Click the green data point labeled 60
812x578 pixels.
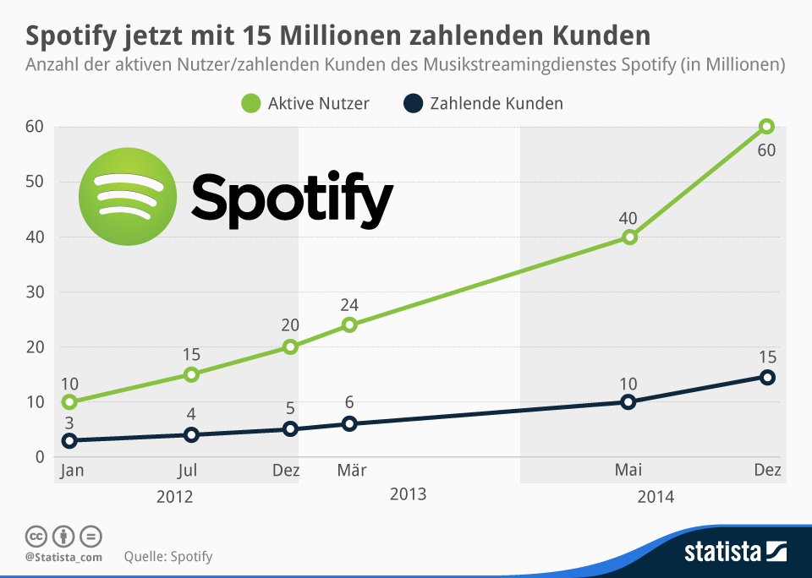pos(766,127)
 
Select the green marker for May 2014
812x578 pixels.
pos(628,237)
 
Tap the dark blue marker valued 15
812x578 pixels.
pos(766,377)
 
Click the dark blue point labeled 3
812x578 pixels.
pos(69,440)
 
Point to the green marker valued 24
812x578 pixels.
pos(349,324)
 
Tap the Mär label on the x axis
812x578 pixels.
pos(351,471)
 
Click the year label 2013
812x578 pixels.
pos(408,494)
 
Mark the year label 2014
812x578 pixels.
pos(656,497)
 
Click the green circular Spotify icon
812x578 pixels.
pos(128,195)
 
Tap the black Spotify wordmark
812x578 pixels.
pos(292,199)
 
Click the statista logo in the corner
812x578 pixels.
pos(734,553)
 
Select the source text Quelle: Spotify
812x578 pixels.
pos(167,556)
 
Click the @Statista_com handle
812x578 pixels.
pos(63,557)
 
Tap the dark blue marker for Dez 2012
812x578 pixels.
pos(290,429)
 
